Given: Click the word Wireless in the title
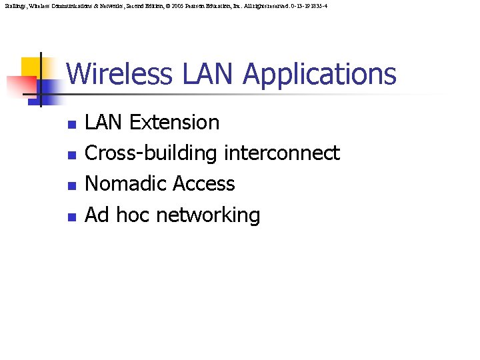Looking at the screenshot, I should point(119,74).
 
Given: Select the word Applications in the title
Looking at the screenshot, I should point(319,74).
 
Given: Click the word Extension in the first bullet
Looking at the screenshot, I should point(174,123).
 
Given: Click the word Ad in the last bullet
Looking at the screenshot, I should point(97,215).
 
